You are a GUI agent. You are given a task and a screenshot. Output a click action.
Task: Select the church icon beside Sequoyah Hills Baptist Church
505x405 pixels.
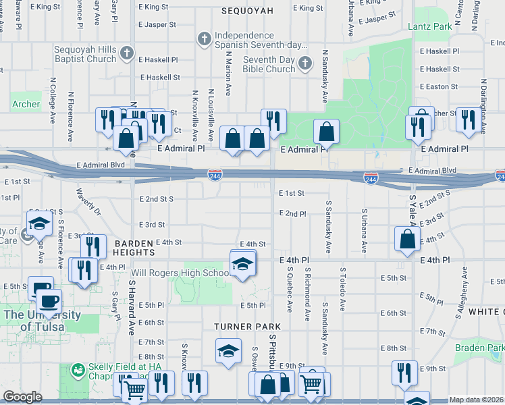126,53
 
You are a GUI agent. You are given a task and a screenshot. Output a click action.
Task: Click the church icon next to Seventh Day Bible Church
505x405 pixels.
305,64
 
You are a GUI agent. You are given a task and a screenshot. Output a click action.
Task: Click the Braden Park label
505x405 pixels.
480,348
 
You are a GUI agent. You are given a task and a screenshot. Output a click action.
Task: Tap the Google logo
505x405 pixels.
22,397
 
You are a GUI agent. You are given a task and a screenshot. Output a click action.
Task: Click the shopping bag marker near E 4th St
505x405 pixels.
408,239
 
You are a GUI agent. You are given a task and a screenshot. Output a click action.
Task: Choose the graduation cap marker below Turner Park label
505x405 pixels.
228,352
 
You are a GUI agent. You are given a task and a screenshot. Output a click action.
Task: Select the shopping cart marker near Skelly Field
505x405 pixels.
135,388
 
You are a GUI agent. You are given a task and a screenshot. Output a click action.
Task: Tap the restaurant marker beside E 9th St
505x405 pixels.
404,372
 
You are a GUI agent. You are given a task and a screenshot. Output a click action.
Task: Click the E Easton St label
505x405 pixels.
439,87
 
